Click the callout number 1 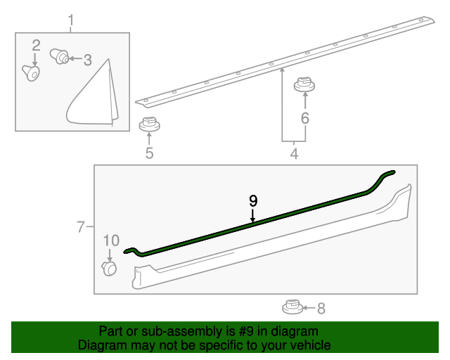tap(71, 20)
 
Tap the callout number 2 tap(36, 46)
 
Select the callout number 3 tap(88, 60)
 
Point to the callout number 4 tap(294, 154)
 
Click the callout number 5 tap(149, 153)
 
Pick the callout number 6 tap(304, 118)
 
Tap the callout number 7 tap(81, 227)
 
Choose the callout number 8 tap(321, 309)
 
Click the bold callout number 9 tap(253, 201)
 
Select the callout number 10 tap(111, 240)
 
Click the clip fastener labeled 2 tap(31, 73)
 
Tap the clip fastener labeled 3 tap(60, 56)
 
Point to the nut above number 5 tap(149, 124)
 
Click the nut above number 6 tap(304, 84)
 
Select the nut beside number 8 tap(292, 307)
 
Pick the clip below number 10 tap(110, 269)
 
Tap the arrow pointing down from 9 tap(252, 216)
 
